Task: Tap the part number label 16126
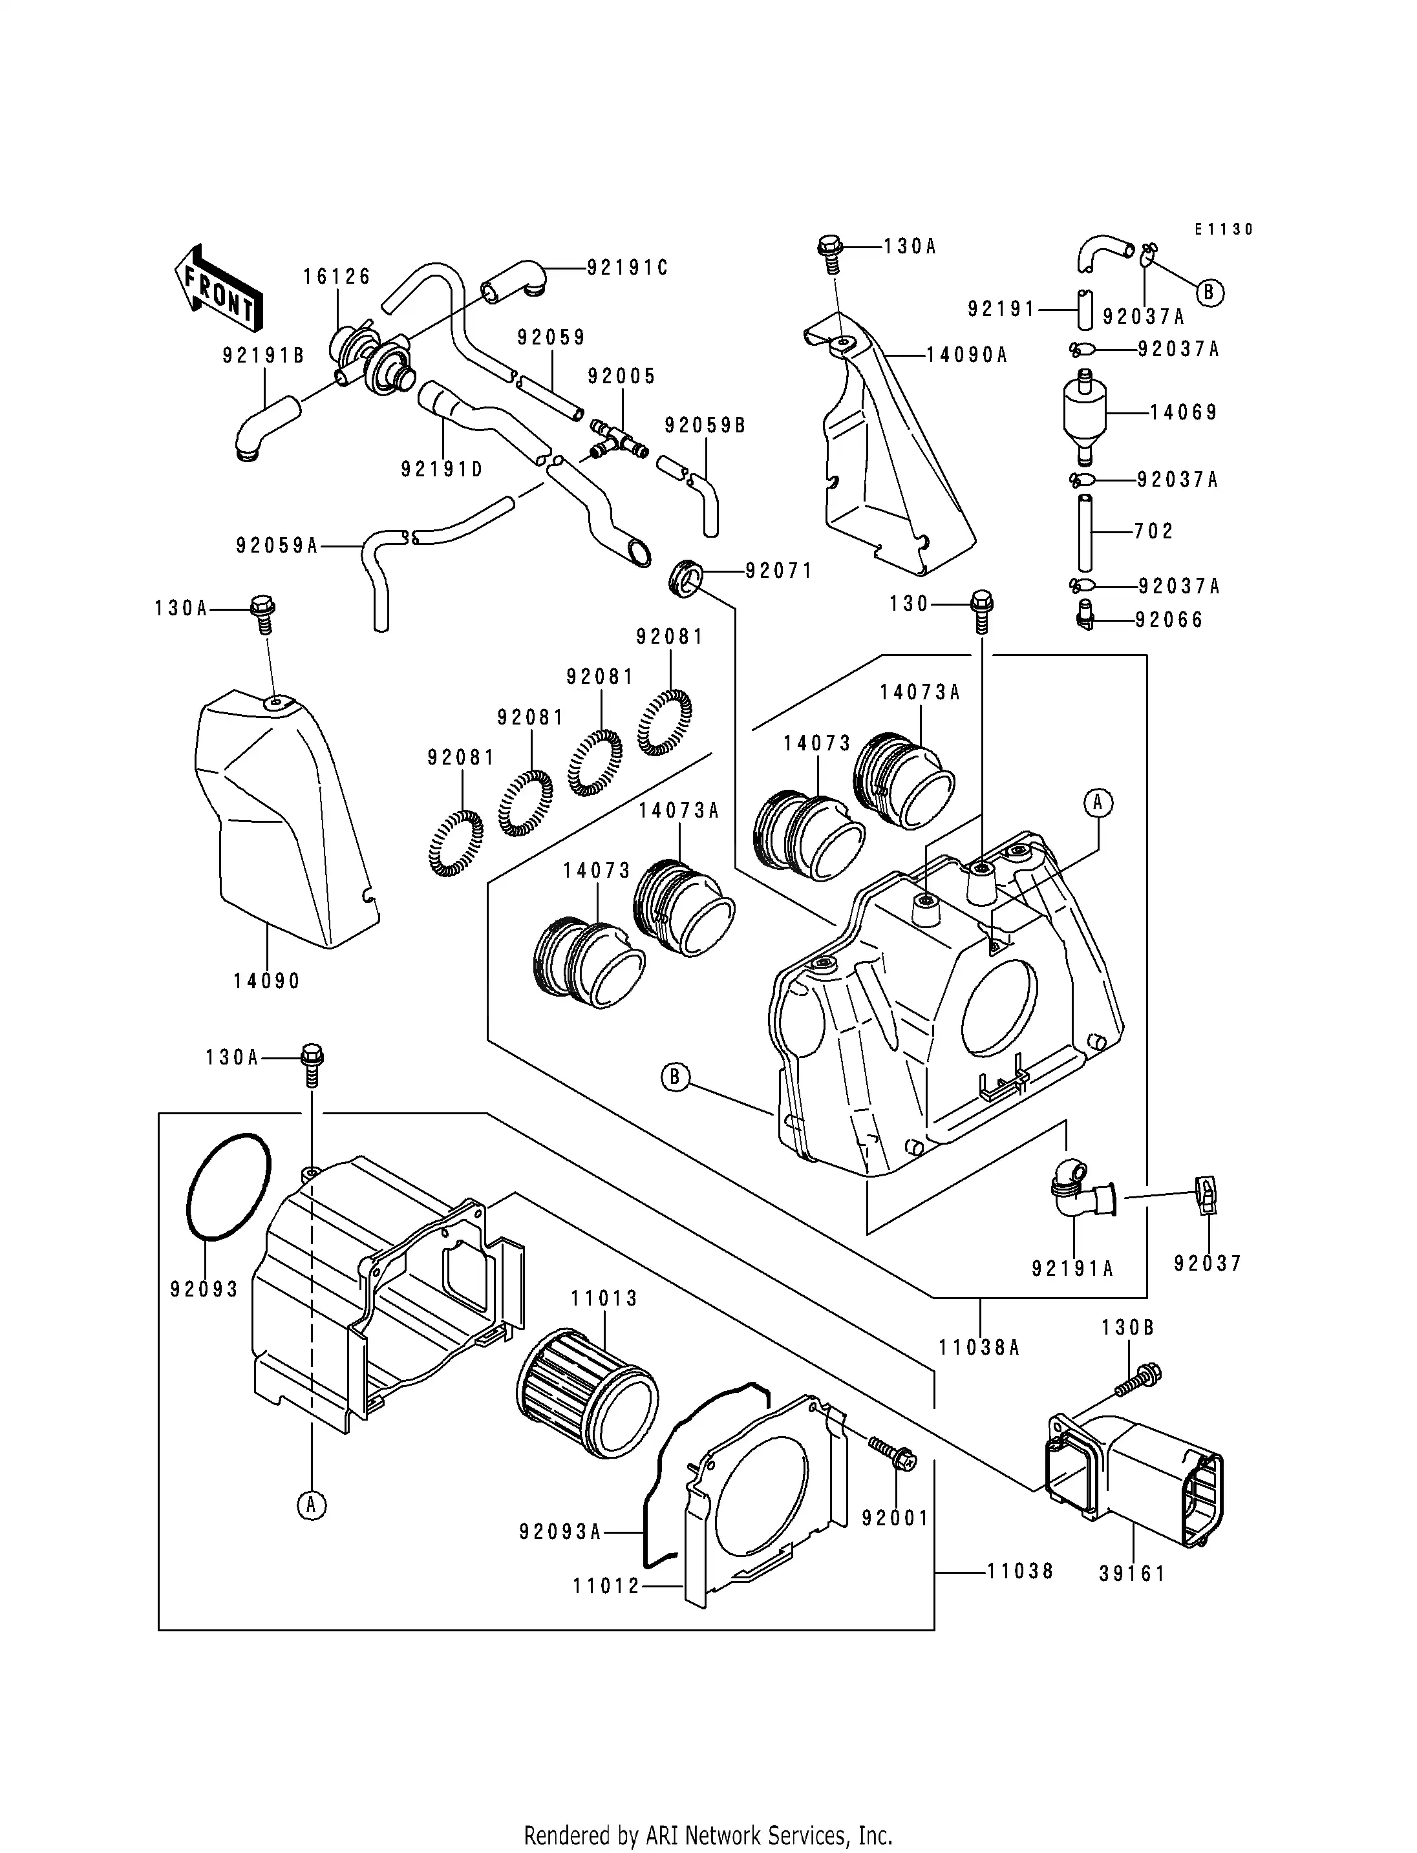pos(337,277)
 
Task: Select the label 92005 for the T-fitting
pos(622,376)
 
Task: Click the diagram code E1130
pos(1224,229)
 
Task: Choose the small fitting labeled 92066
pos(1087,620)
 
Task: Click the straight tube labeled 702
pos(1085,533)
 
